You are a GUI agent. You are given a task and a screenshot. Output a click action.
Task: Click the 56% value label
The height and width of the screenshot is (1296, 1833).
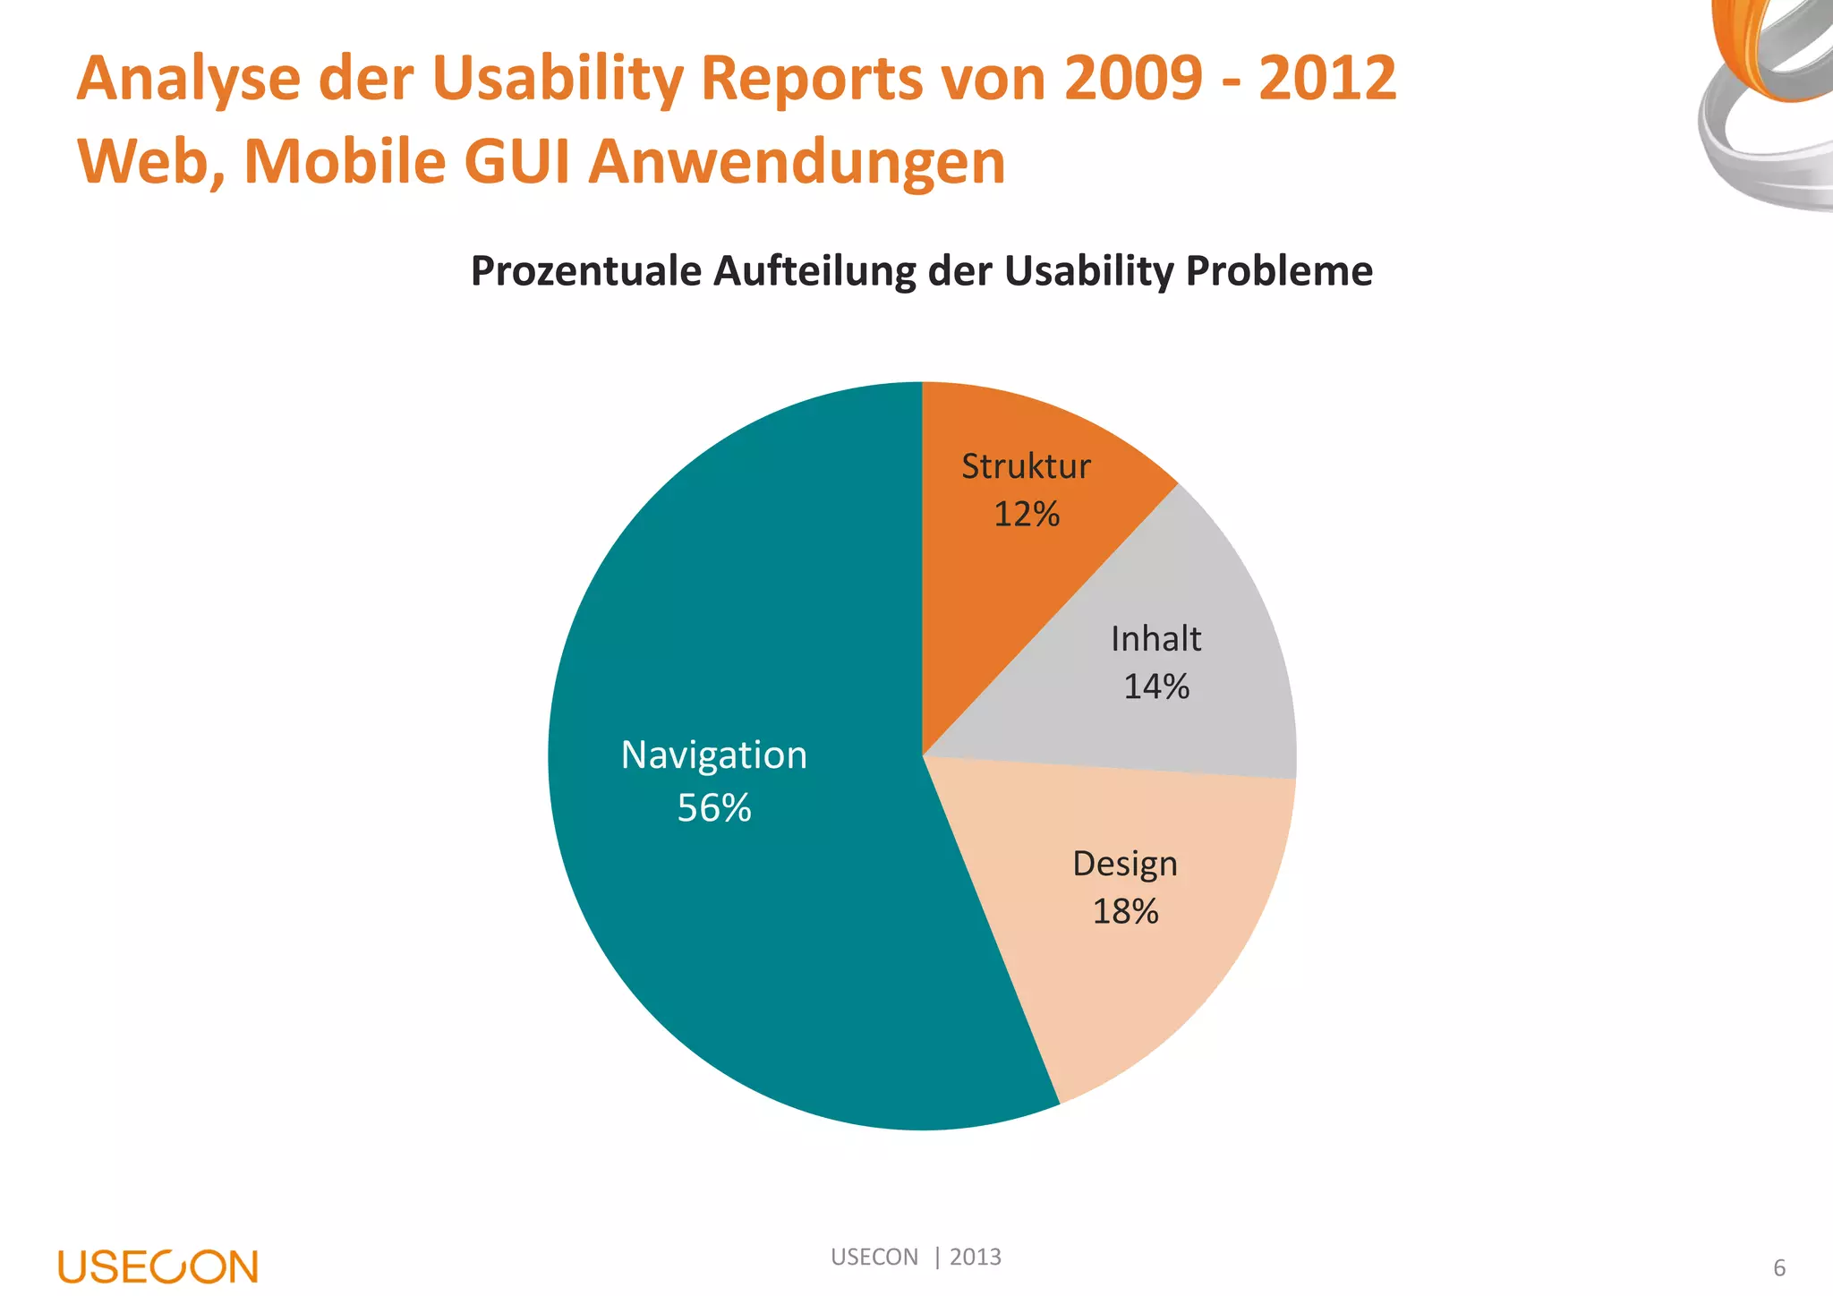pos(713,808)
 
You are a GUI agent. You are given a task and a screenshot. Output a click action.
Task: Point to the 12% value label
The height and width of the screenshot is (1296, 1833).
pos(1026,515)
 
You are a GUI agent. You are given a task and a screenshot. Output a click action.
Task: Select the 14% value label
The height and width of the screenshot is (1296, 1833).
pos(1155,687)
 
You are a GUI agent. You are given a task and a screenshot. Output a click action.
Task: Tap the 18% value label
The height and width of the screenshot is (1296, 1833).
pos(1125,912)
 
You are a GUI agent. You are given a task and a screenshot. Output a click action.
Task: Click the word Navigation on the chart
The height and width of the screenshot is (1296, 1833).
pos(713,755)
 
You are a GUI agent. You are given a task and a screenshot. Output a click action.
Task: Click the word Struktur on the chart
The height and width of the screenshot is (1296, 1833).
pos(1026,466)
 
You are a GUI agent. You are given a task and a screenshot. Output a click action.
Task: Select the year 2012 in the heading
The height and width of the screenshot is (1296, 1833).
pos(1327,79)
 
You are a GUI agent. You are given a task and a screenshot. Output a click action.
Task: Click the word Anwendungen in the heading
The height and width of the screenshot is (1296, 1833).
pos(797,162)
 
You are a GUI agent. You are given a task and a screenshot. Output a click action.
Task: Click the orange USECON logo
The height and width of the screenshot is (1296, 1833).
pos(158,1266)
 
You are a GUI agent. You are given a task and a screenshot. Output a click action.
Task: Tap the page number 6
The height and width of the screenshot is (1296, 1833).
pos(1778,1268)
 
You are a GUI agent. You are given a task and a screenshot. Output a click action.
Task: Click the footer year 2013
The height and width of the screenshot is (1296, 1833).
pos(975,1257)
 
